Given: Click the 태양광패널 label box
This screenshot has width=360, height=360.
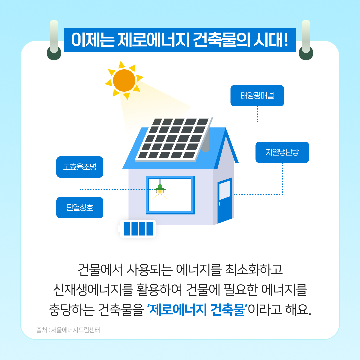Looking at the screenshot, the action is click(257, 96).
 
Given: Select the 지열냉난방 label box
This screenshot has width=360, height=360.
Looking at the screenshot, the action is click(282, 152).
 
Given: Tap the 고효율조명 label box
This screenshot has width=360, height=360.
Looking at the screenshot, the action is click(80, 167).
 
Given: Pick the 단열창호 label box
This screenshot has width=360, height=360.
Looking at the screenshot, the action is click(80, 208).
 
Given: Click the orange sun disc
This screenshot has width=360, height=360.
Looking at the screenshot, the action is click(124, 80).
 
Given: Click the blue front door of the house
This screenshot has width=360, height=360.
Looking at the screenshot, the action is click(224, 200).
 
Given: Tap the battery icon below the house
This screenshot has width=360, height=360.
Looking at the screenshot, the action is click(137, 229).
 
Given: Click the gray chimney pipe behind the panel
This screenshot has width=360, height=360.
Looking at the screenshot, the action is click(206, 142).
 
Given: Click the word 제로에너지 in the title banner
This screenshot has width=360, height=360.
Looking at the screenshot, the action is click(153, 40).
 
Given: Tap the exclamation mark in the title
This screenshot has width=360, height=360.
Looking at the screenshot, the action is click(286, 40).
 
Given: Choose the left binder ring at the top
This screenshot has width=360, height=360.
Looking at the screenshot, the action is click(54, 40).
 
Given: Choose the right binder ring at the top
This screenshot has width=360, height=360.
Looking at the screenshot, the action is click(306, 40).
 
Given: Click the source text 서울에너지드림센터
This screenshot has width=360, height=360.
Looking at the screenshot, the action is click(75, 330).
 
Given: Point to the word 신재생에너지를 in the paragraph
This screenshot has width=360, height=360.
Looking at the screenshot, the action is click(93, 290).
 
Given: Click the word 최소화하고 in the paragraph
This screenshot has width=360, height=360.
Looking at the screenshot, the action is click(254, 270).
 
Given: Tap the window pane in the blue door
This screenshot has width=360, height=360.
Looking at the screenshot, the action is click(225, 190).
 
